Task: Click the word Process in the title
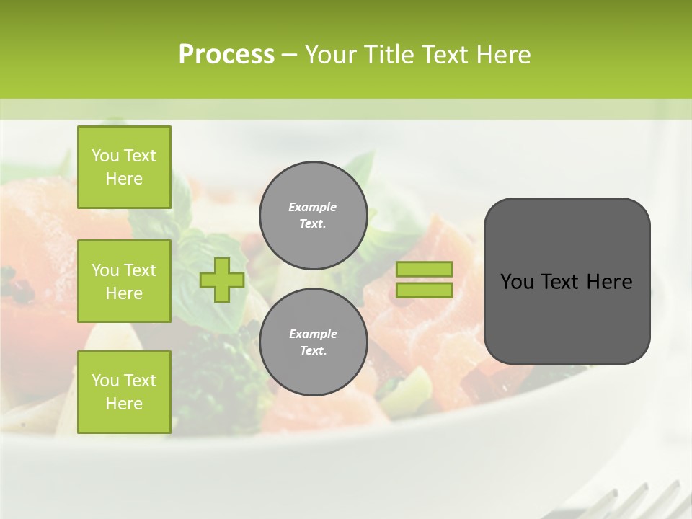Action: click(x=226, y=55)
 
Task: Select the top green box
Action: click(x=124, y=167)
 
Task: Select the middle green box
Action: click(x=124, y=281)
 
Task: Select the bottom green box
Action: click(x=124, y=392)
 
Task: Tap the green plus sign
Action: click(x=222, y=280)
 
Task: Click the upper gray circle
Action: click(x=313, y=215)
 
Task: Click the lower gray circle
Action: click(x=313, y=342)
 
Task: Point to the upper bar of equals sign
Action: click(x=424, y=270)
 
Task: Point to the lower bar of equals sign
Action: click(x=424, y=290)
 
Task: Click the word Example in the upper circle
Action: click(x=313, y=207)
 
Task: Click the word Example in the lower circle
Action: click(x=313, y=334)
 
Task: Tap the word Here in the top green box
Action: click(x=124, y=179)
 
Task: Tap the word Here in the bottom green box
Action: click(x=124, y=404)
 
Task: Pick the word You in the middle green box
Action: click(x=105, y=270)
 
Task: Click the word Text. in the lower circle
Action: click(x=313, y=351)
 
